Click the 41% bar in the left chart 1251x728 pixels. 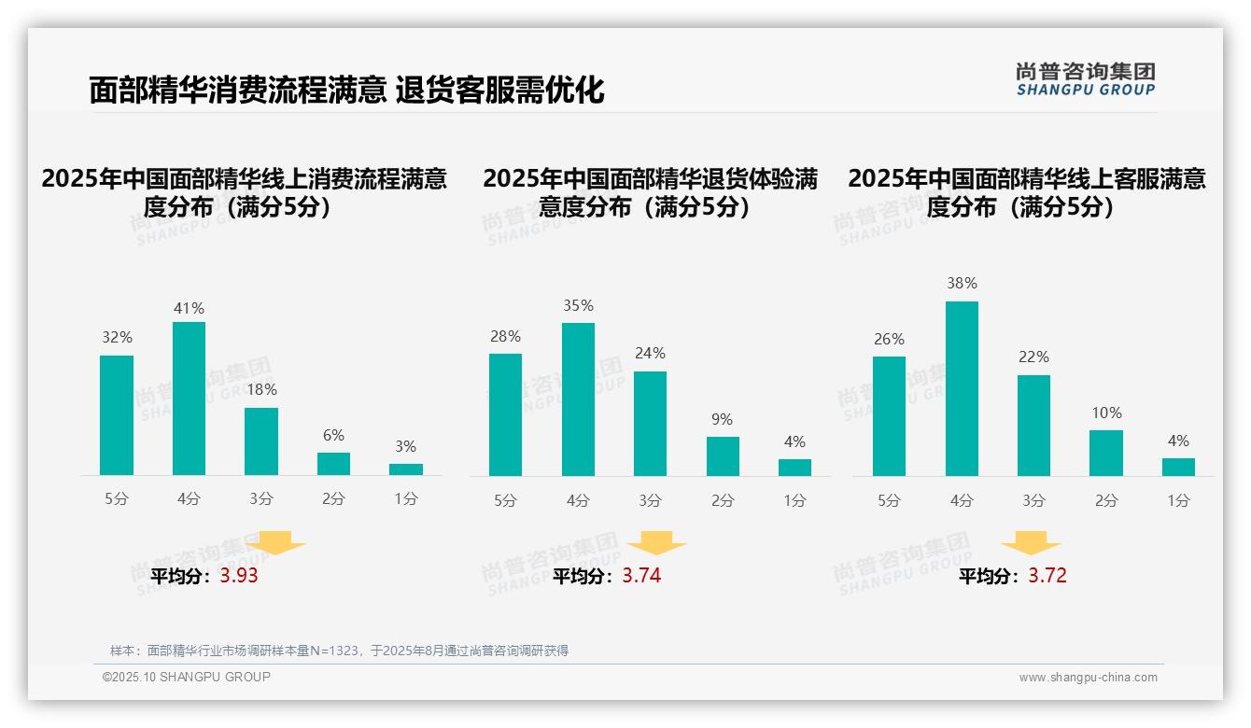click(x=189, y=399)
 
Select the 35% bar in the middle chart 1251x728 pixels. click(x=578, y=399)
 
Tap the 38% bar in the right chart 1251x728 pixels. click(x=962, y=388)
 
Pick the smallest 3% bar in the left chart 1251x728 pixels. click(x=406, y=469)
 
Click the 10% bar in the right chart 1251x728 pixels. click(x=1106, y=453)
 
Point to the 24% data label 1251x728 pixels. click(x=650, y=354)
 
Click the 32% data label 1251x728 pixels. click(x=117, y=338)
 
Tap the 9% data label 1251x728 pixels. click(x=722, y=420)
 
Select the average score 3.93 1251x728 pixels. click(x=239, y=576)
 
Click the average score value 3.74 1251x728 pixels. click(x=641, y=576)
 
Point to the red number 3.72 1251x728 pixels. click(x=1047, y=576)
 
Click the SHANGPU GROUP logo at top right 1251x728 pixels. click(x=1085, y=78)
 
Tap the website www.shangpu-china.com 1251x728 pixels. click(x=1088, y=678)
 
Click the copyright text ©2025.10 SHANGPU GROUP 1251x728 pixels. click(x=187, y=677)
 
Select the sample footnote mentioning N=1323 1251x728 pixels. click(x=339, y=651)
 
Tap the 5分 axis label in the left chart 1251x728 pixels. click(x=117, y=499)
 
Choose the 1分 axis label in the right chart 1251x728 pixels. click(x=1178, y=501)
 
